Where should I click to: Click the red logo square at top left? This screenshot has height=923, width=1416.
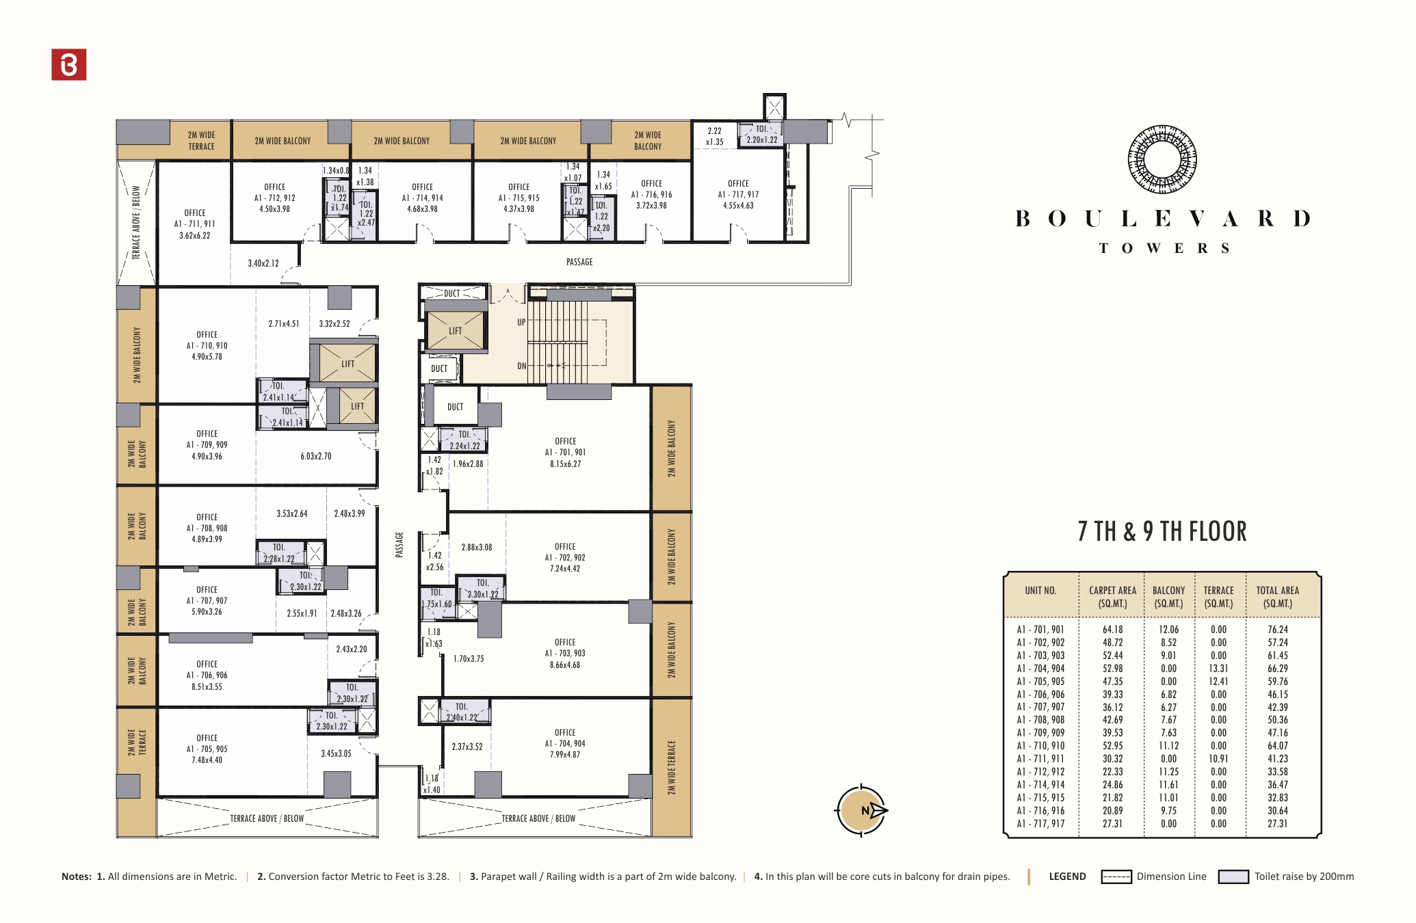point(69,64)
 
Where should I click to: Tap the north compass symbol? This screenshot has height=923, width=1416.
point(862,811)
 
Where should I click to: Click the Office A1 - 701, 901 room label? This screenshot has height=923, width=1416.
point(565,452)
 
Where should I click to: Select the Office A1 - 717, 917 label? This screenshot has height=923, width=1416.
point(738,194)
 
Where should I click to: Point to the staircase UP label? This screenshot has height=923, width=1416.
point(521,322)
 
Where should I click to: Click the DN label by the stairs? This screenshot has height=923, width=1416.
point(522,366)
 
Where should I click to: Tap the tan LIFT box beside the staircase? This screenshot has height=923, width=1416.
point(455,330)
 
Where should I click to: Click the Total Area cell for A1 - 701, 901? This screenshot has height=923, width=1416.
point(1277,630)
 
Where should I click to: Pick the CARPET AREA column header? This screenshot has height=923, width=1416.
point(1112,596)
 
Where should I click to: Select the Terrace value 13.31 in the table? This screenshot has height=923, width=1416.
point(1218,669)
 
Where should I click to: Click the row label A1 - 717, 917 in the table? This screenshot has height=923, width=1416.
point(1040,824)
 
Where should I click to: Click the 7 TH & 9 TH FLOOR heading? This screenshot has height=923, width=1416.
point(1162,531)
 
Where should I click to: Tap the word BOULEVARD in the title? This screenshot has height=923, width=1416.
point(1163,219)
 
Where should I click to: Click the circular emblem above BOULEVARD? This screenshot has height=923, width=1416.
point(1162,159)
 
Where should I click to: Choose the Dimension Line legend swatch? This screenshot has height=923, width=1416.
point(1116,877)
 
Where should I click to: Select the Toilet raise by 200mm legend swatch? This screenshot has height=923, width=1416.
point(1233,877)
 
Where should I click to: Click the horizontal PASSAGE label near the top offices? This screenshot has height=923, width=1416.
point(579,262)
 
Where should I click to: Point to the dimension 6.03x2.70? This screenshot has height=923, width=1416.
point(315,456)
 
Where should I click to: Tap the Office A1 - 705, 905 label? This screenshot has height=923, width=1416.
point(207,749)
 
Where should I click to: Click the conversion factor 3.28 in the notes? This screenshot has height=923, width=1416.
point(438,877)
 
